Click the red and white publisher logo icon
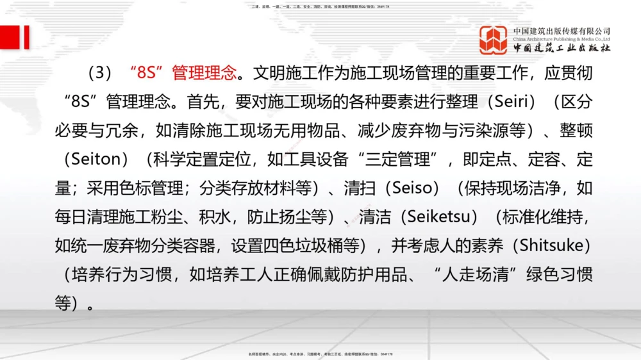pyautogui.click(x=493, y=40)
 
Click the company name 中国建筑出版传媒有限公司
pyautogui.click(x=562, y=31)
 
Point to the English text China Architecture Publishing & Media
pyautogui.click(x=562, y=39)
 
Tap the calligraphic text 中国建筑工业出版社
pyautogui.click(x=562, y=48)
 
